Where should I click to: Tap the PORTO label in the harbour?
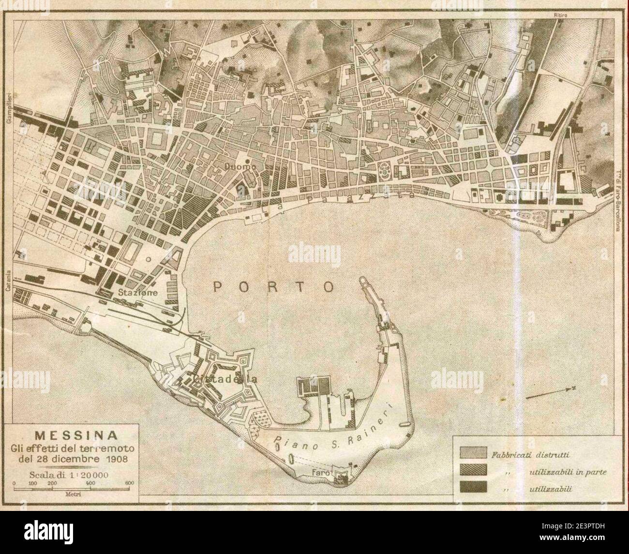pyautogui.click(x=274, y=286)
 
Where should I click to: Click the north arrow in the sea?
pyautogui.click(x=550, y=392)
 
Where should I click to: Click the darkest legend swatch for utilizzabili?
pyautogui.click(x=472, y=489)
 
